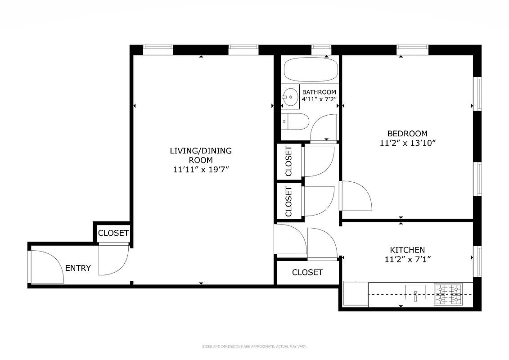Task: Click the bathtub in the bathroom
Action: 311,69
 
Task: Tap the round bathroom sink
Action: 290,96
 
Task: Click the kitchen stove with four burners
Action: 448,294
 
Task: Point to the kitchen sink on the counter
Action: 415,292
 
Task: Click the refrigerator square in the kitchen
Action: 356,294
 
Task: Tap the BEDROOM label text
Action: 407,134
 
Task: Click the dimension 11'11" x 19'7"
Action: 201,170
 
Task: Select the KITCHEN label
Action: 407,250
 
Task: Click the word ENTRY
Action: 78,268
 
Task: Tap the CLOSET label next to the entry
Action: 113,233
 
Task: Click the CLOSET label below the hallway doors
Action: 307,272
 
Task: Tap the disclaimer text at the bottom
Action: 254,346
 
